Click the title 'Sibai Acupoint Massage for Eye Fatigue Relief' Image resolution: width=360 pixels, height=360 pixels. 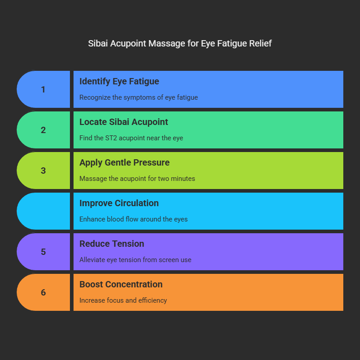click(x=180, y=44)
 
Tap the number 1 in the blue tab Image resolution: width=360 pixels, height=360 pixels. click(x=43, y=89)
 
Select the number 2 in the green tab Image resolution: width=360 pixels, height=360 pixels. click(x=43, y=130)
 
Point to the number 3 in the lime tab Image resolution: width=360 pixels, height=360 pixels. click(x=43, y=171)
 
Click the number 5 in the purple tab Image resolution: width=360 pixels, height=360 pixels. click(x=43, y=252)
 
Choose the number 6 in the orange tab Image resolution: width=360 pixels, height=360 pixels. click(x=43, y=292)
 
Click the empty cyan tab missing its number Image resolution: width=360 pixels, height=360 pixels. click(x=43, y=211)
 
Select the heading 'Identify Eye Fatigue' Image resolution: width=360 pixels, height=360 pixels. click(x=119, y=81)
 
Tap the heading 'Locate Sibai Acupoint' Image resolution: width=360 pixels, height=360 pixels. click(x=124, y=122)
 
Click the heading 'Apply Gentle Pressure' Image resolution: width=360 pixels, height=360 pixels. click(x=125, y=162)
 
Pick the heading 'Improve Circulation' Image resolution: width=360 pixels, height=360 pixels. click(x=119, y=203)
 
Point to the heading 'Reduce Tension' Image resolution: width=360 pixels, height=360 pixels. click(x=112, y=244)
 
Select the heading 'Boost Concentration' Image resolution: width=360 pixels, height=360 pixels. click(x=121, y=284)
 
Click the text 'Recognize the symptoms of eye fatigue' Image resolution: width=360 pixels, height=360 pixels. click(x=138, y=97)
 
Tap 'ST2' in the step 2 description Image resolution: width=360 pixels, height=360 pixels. click(x=112, y=138)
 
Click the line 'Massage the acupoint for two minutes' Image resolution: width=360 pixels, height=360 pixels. click(x=137, y=179)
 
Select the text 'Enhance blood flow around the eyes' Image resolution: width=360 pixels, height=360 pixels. click(x=134, y=219)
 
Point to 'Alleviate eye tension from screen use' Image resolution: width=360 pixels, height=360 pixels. click(x=135, y=260)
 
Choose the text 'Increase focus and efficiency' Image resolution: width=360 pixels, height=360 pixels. click(x=123, y=300)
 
